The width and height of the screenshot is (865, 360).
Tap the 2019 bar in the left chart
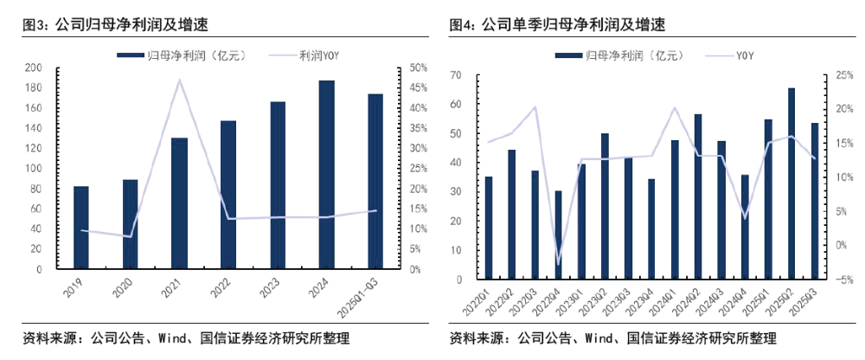80,228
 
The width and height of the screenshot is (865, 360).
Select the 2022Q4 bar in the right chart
558,235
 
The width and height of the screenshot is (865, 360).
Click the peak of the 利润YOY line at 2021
179,80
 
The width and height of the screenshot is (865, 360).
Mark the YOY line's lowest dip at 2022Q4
558,263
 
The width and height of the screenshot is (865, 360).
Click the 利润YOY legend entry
313,55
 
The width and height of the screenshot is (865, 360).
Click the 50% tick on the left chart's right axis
416,67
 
